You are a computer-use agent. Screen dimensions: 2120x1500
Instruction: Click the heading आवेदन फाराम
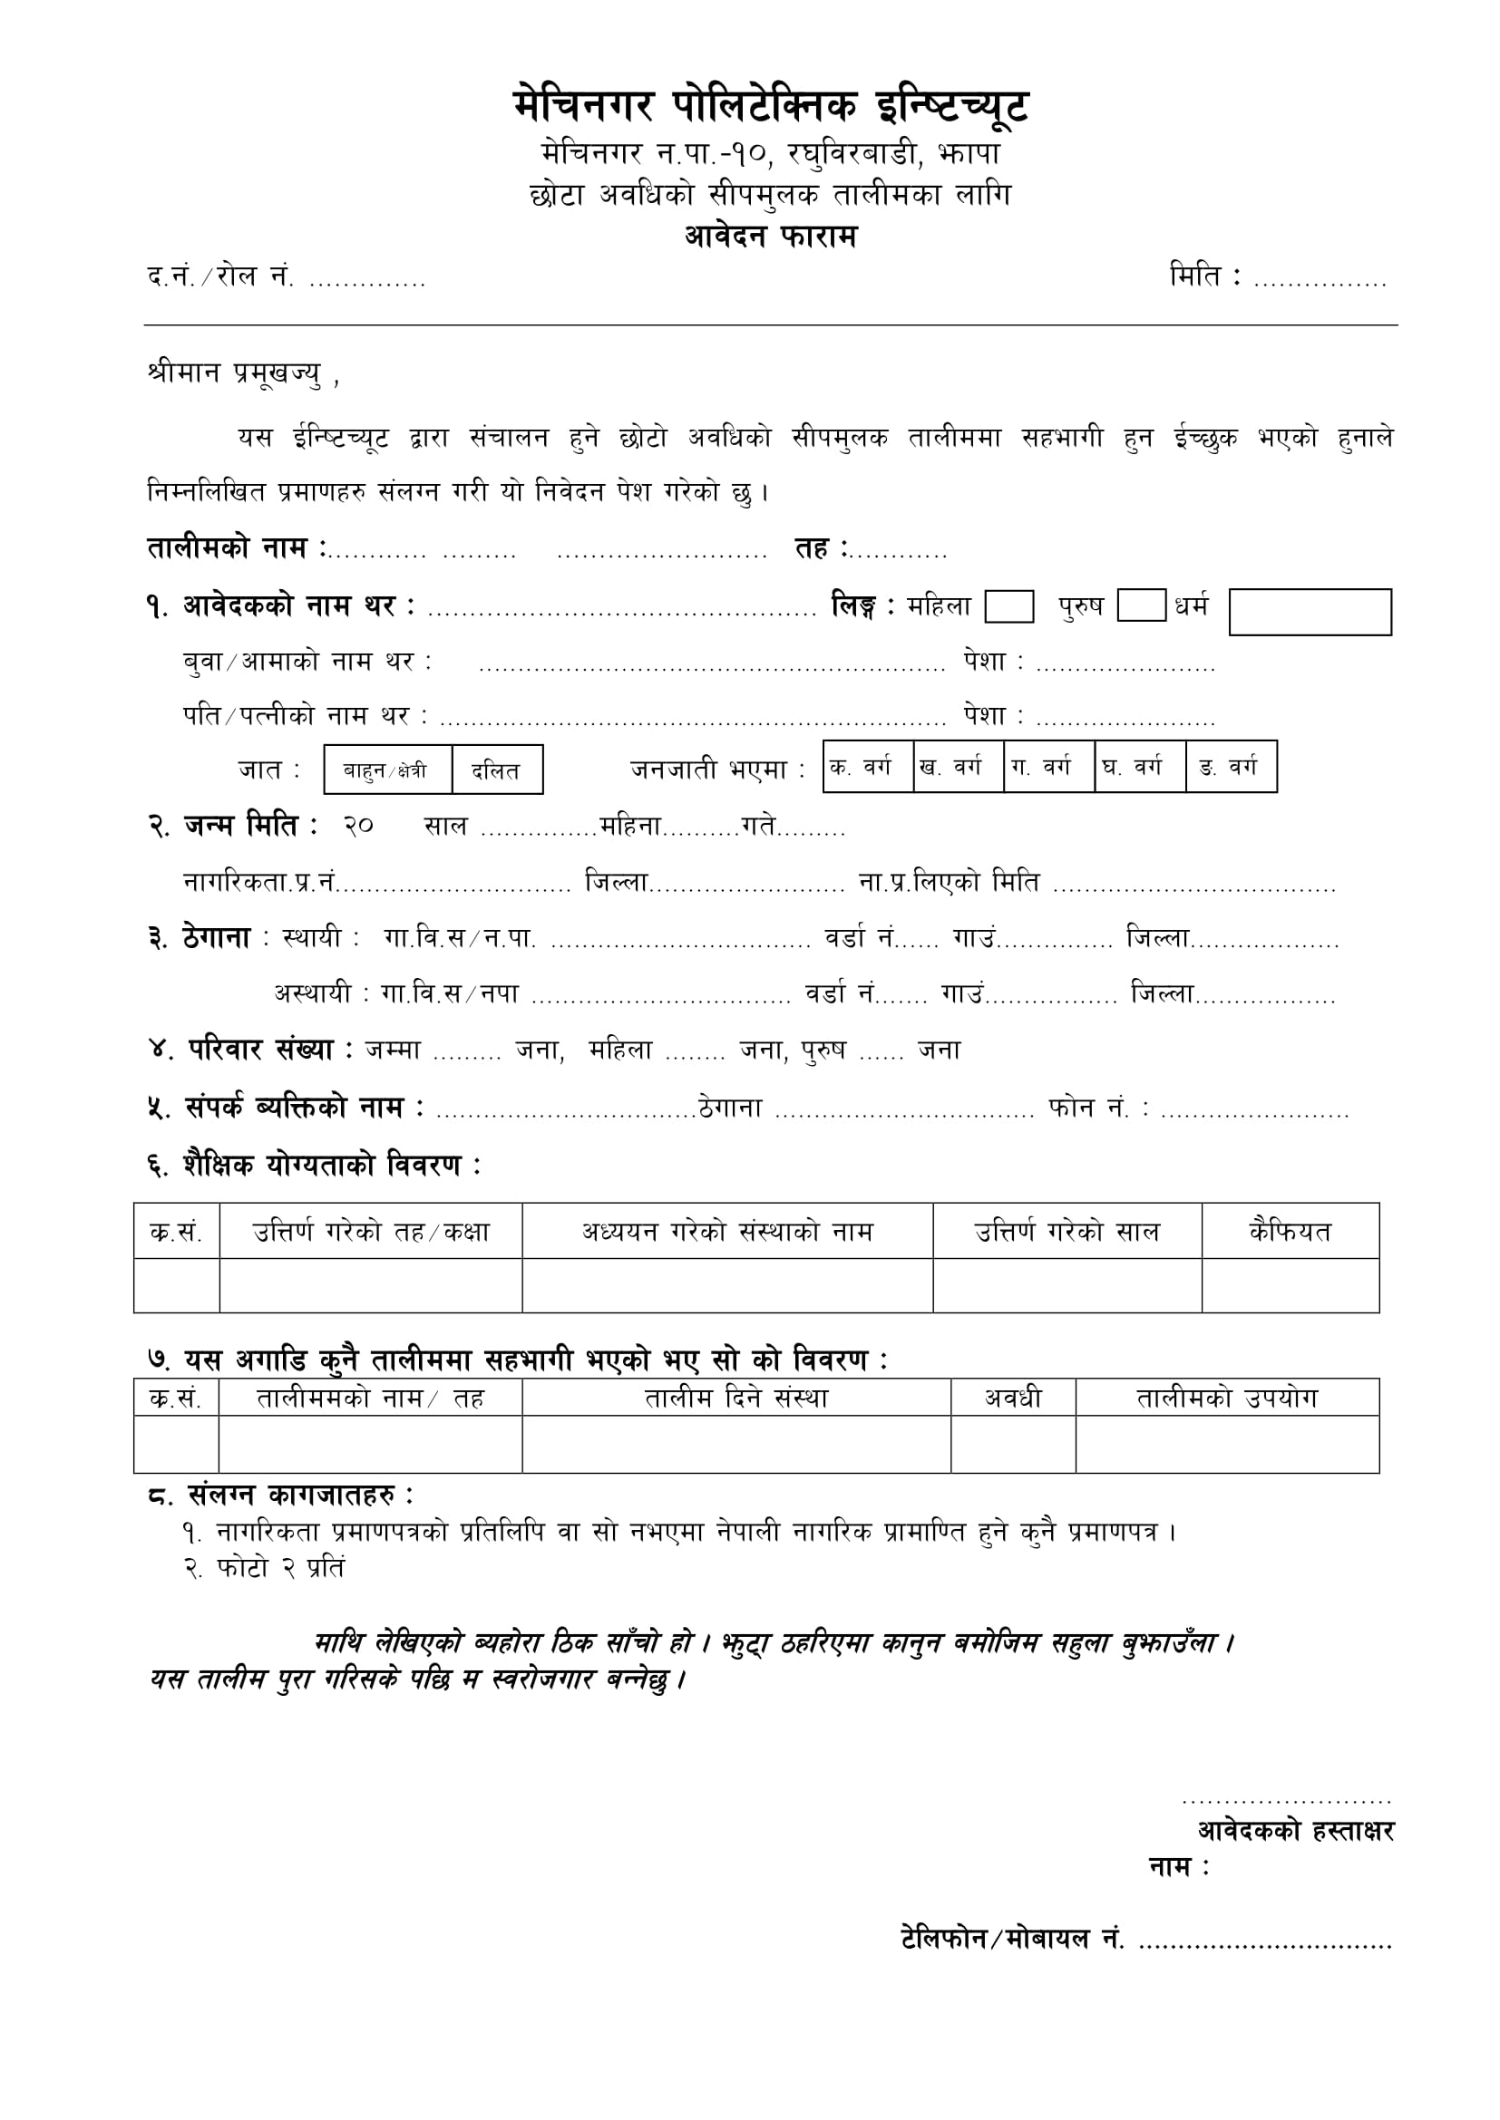[770, 237]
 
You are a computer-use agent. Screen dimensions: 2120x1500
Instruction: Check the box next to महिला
[1008, 606]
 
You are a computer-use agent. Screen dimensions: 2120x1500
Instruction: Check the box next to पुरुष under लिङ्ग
[1141, 605]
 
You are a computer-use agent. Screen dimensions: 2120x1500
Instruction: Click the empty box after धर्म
[1309, 612]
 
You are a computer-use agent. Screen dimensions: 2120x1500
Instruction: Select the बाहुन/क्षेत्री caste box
[387, 770]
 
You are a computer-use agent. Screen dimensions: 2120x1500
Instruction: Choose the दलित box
[497, 770]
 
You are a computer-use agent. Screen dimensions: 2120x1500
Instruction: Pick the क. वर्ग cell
[866, 767]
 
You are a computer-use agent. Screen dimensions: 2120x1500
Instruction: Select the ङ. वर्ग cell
[1231, 767]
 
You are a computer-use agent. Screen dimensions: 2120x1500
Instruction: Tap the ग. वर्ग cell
[1048, 767]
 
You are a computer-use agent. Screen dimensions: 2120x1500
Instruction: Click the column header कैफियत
[1290, 1231]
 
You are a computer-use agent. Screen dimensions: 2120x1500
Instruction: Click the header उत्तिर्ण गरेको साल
[1066, 1231]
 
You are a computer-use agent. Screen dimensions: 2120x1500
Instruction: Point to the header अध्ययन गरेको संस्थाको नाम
[727, 1231]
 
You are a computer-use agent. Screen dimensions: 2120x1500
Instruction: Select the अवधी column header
[1012, 1398]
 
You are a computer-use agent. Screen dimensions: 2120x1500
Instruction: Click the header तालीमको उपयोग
[1227, 1398]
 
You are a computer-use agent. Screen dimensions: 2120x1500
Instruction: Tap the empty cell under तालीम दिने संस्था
[736, 1444]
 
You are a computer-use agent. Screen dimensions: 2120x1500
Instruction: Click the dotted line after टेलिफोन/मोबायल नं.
[1264, 1942]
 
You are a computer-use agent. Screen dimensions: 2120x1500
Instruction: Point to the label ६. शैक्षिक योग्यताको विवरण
[314, 1166]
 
